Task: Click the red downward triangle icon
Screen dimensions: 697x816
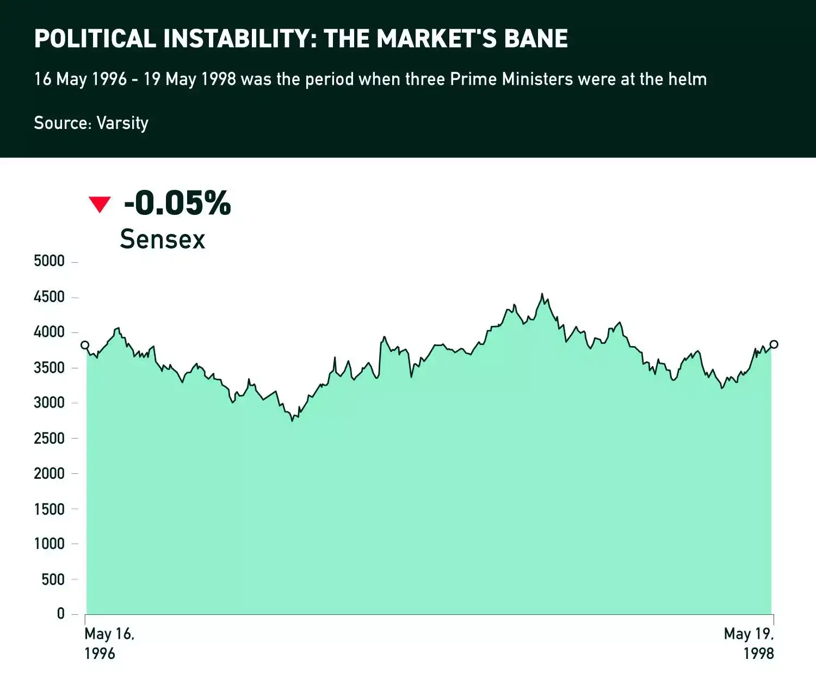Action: click(x=100, y=204)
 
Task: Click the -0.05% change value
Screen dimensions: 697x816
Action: click(x=177, y=203)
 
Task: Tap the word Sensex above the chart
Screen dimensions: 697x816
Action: click(x=162, y=239)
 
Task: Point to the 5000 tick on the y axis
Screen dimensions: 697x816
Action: click(x=49, y=261)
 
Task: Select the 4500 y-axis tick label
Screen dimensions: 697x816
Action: click(x=49, y=297)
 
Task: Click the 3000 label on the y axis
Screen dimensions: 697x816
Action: click(x=49, y=403)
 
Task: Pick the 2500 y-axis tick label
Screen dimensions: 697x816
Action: click(x=49, y=438)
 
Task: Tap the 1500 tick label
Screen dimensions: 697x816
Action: click(x=49, y=509)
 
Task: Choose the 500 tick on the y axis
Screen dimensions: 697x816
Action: click(x=53, y=579)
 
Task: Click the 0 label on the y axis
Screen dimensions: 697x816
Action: click(x=60, y=614)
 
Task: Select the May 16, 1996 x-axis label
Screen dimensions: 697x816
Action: click(x=109, y=643)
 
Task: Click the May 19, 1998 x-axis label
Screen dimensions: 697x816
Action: click(x=749, y=643)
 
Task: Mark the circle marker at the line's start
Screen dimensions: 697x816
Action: click(x=85, y=345)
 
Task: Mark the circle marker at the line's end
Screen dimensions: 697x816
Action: click(x=774, y=344)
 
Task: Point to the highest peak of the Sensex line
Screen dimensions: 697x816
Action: click(x=542, y=294)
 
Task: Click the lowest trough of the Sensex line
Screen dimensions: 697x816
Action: click(x=292, y=420)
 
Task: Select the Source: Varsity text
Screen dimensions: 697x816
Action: click(x=91, y=123)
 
